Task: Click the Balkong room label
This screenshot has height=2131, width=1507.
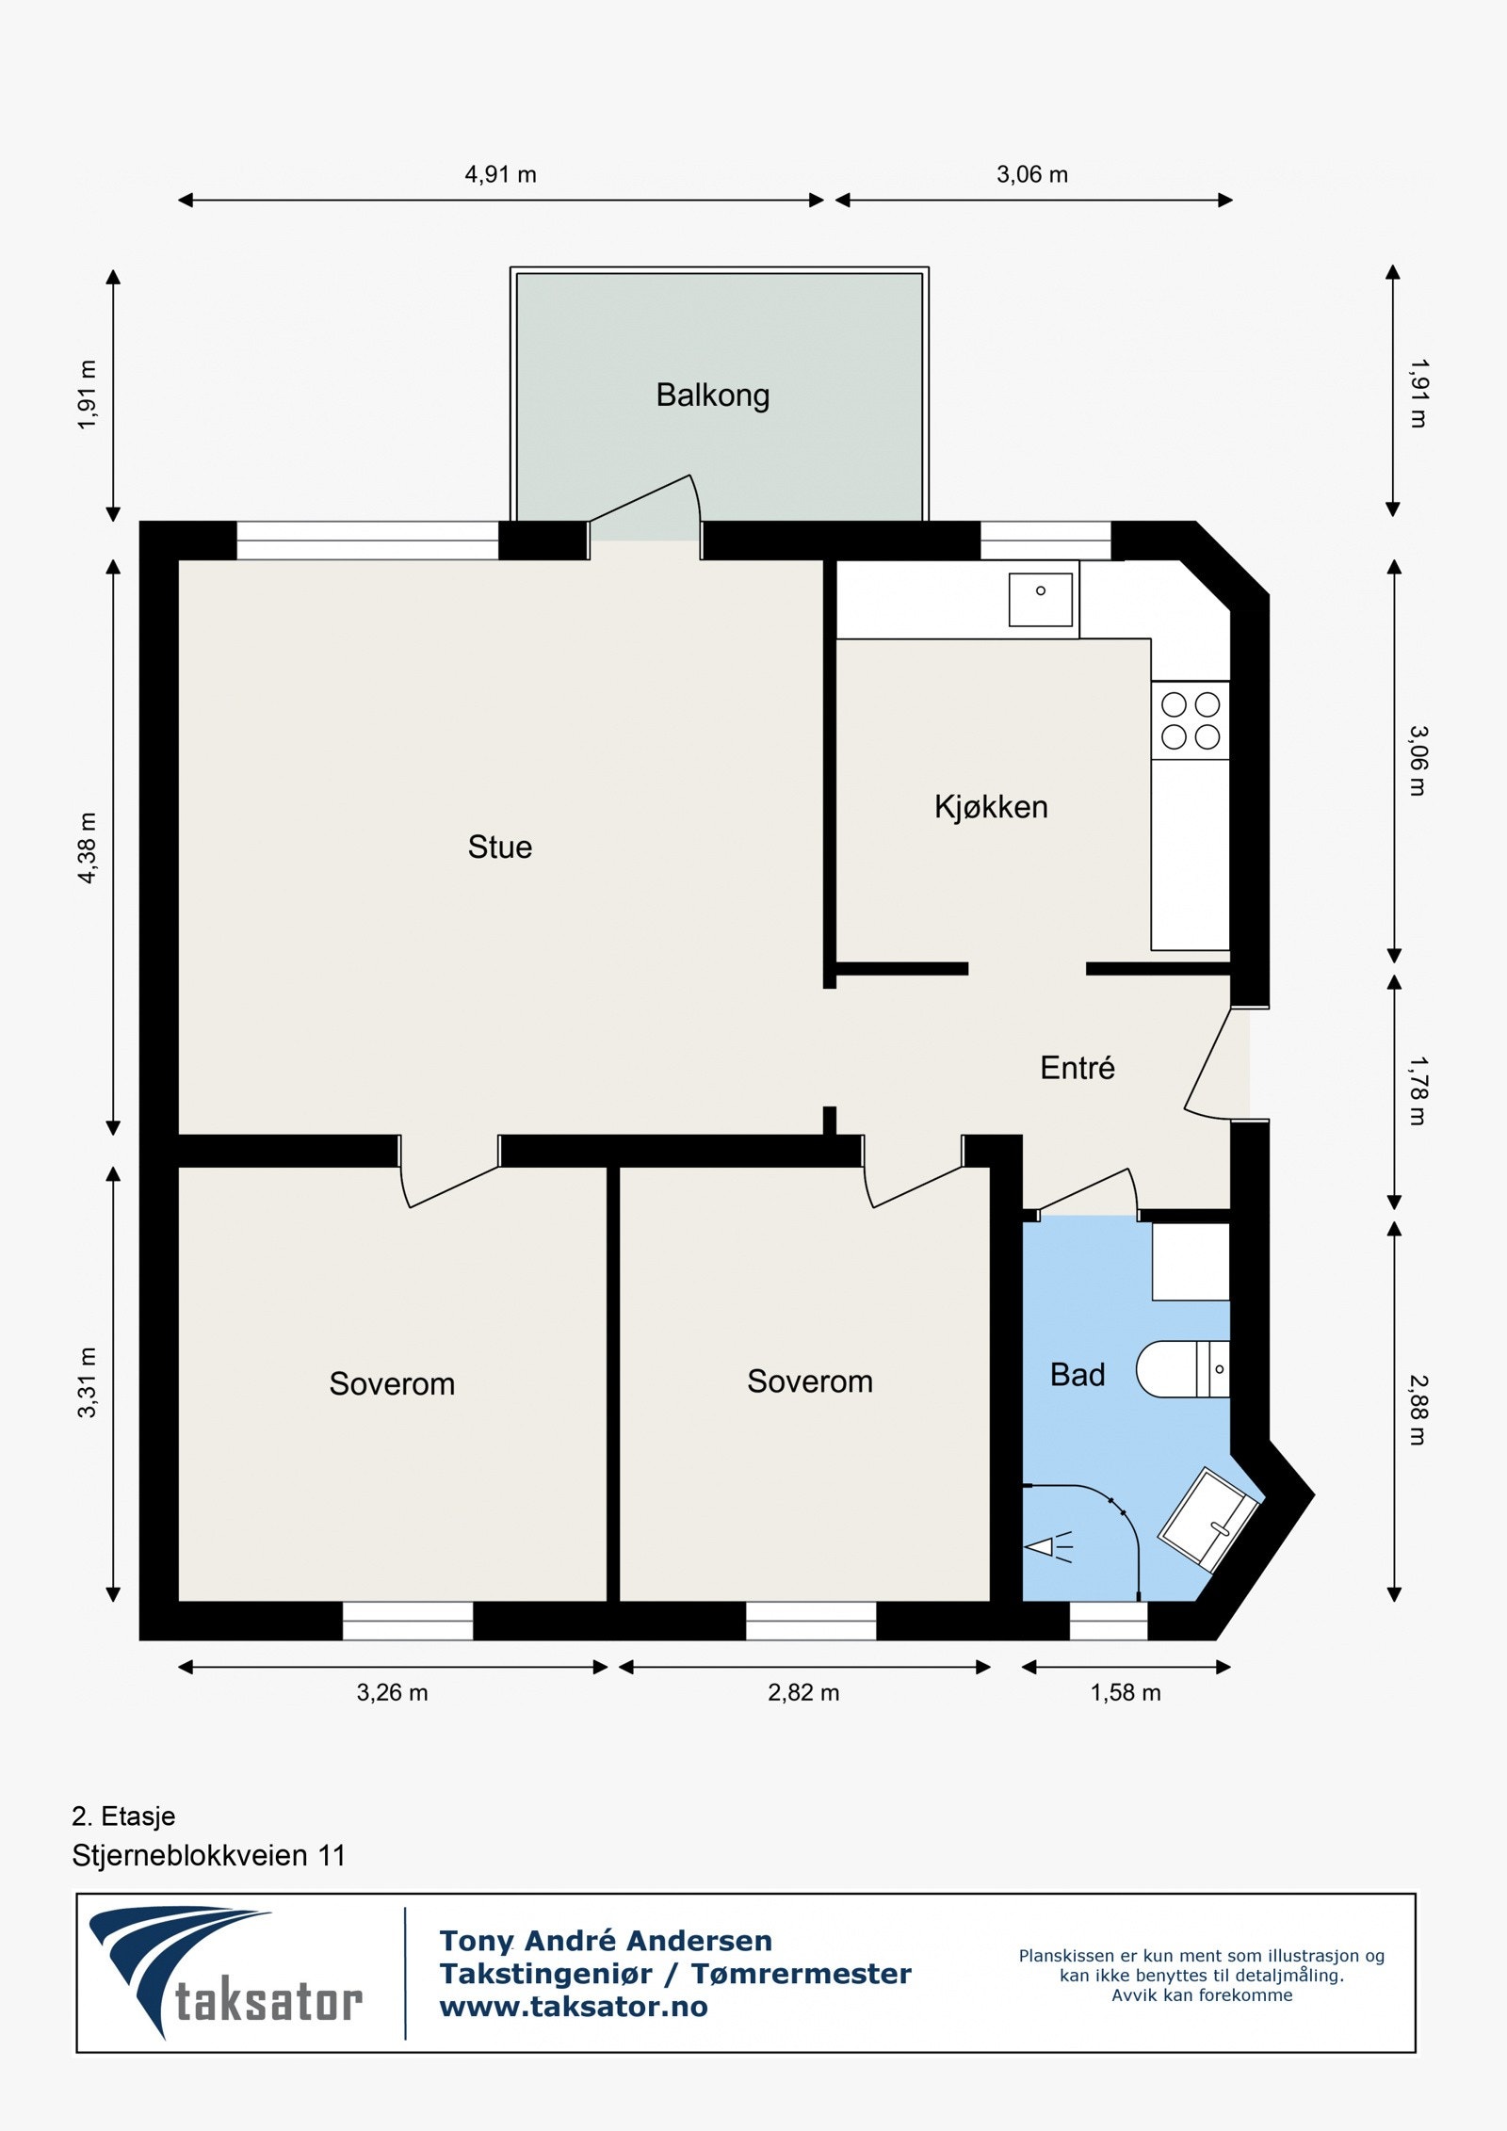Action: point(713,396)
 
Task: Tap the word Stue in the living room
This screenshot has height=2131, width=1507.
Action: point(500,847)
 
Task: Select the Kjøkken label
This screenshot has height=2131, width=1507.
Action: point(991,807)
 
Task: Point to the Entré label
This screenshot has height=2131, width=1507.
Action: point(1078,1067)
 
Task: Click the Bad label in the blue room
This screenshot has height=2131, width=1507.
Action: point(1078,1375)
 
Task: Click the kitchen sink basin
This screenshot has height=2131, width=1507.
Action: point(1041,600)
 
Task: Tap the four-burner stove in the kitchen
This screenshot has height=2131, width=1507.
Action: point(1191,720)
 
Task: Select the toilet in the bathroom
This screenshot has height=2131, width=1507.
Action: point(1183,1369)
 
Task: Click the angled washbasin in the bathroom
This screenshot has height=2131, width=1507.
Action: point(1207,1519)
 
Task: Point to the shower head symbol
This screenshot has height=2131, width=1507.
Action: point(1047,1546)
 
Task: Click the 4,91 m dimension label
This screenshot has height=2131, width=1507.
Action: point(501,174)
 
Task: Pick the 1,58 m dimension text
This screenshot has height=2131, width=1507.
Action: point(1126,1692)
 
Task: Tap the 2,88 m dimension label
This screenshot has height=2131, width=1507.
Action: point(1418,1411)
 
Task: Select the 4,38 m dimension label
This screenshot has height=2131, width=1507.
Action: point(87,848)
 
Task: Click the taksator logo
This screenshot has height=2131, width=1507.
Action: point(226,1973)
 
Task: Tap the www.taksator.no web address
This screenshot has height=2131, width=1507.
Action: point(574,2007)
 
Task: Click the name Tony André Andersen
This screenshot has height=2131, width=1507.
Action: point(606,1941)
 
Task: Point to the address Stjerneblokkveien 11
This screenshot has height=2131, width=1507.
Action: point(209,1855)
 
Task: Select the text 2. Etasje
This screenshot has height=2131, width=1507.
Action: point(123,1816)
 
